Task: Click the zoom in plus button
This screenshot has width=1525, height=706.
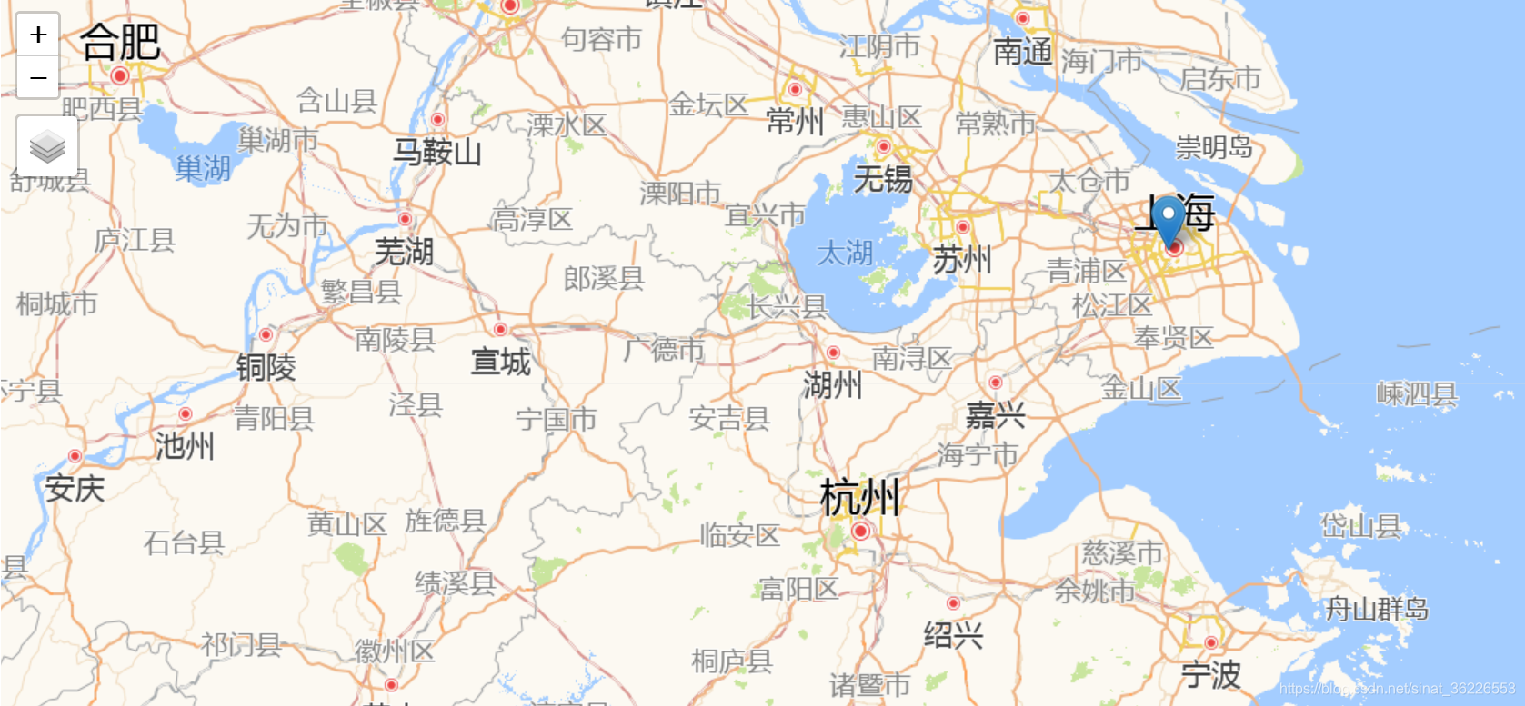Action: pos(38,35)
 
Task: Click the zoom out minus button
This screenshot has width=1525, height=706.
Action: pos(38,78)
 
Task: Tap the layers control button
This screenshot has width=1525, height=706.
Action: pos(47,146)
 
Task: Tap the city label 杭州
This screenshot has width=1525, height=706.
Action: pos(859,497)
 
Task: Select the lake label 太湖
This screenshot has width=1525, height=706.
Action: pos(845,253)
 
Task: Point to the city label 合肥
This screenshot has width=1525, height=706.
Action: pos(120,42)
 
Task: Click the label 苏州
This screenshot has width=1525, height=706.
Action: pos(962,261)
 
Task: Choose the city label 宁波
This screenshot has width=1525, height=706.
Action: pos(1210,675)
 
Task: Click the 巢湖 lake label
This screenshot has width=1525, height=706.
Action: pos(203,168)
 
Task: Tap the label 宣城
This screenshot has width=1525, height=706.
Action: pos(500,362)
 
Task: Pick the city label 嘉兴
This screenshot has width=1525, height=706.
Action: pos(995,416)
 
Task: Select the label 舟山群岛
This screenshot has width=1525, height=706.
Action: pos(1376,608)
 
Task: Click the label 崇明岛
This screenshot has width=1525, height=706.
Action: pos(1214,146)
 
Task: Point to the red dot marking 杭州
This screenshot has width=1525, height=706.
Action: pos(860,531)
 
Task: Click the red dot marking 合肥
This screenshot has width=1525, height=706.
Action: pos(120,76)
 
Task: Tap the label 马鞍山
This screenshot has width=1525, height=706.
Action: pos(436,151)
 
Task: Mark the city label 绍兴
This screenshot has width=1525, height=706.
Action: pos(953,634)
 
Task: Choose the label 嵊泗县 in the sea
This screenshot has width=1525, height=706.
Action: pos(1417,394)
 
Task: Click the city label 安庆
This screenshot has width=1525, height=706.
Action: pos(75,489)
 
